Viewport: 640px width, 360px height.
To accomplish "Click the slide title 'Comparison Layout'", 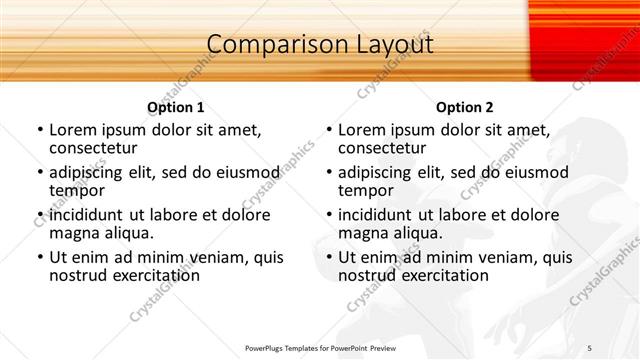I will (320, 45).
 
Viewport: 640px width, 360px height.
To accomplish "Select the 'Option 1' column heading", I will (175, 107).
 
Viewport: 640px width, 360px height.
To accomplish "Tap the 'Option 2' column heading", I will (464, 107).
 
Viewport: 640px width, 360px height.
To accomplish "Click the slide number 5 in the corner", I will (618, 348).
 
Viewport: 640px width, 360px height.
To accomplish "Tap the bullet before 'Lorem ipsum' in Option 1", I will (39, 130).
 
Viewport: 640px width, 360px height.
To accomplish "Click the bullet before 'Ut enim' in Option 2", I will (328, 257).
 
